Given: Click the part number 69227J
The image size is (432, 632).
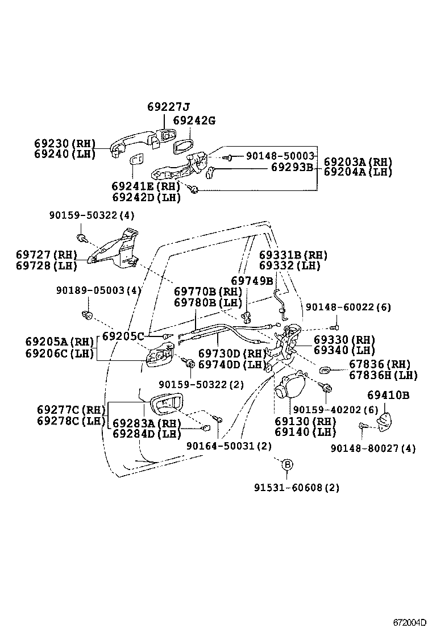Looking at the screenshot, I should pos(168,107).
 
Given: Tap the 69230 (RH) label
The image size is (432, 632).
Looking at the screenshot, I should pos(65,144).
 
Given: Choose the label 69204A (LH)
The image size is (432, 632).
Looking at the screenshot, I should pos(358,172).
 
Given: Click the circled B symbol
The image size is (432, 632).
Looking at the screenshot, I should pos(287,465).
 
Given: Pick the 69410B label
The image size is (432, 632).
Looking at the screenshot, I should pos(388,394).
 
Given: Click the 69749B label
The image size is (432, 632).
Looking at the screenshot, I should pos(252,281).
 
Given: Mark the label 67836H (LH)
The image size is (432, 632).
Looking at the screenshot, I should pos(383,375).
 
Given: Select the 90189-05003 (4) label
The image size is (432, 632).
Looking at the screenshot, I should pos(98,290).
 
